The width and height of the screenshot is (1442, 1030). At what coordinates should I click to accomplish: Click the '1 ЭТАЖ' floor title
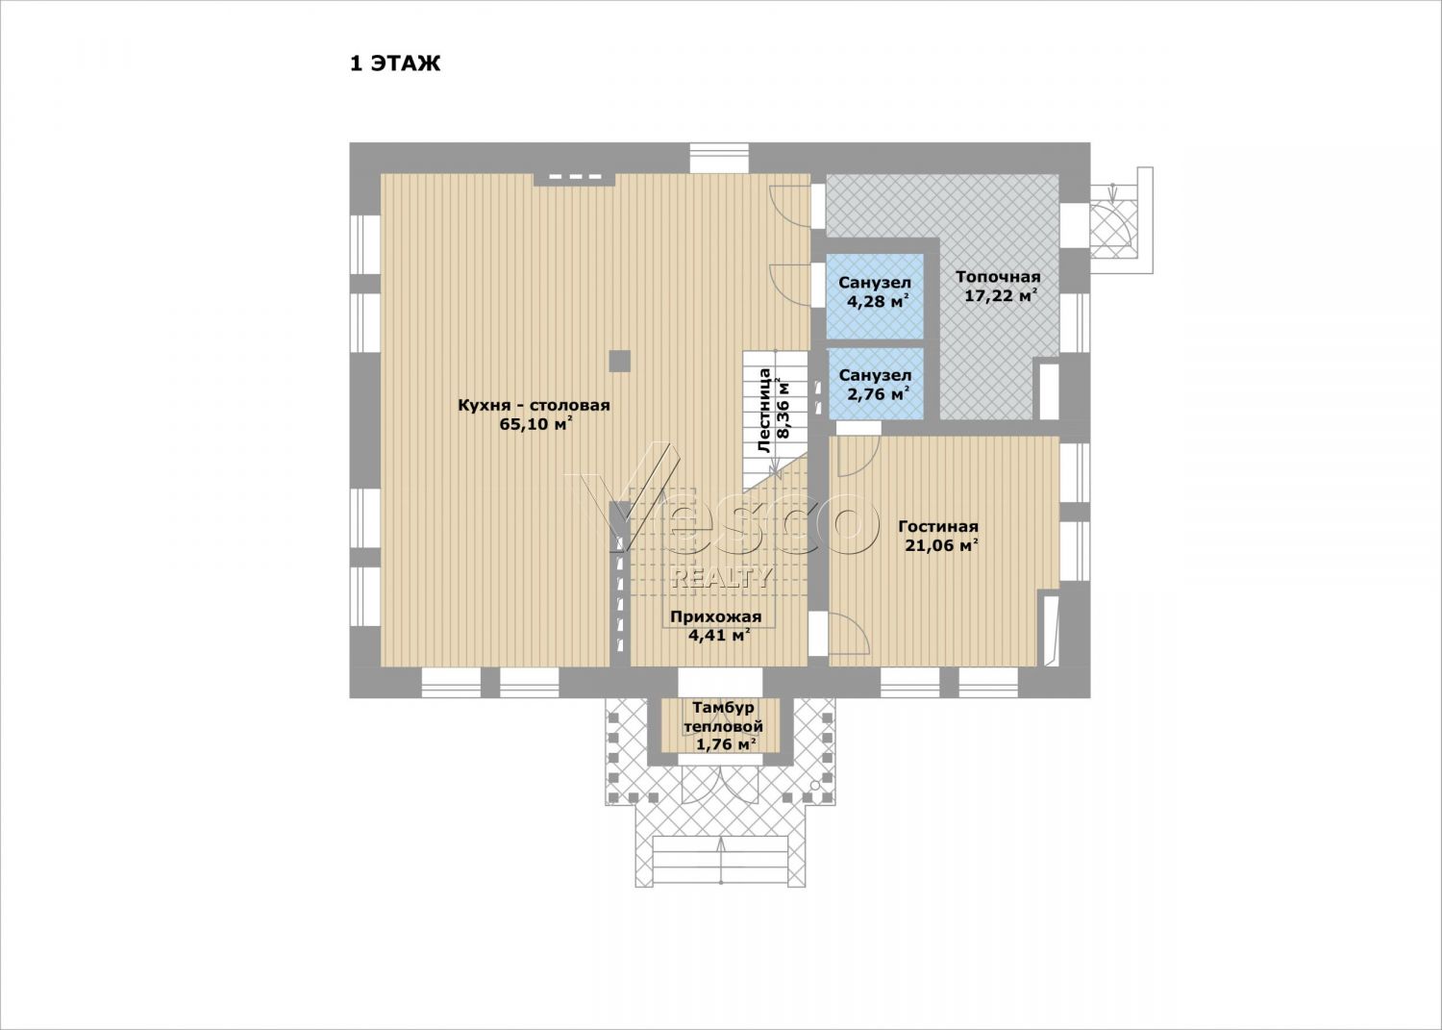394,64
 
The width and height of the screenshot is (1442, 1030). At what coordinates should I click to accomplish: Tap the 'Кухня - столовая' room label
534,406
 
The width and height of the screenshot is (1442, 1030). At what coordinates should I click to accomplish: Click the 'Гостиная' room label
938,527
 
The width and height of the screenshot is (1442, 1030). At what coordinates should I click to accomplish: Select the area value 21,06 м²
942,545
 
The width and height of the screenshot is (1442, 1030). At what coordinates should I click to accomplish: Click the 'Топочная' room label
998,278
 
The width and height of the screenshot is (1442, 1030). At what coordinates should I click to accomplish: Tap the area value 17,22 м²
1000,295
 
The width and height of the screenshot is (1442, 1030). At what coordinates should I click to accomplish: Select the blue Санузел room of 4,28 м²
875,296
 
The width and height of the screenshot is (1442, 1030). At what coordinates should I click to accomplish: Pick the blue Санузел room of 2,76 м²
876,384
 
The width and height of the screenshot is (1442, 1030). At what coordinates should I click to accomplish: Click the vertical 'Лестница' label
765,411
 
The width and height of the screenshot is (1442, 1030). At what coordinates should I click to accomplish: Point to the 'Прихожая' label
716,617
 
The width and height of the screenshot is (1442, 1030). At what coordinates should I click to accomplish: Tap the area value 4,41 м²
720,636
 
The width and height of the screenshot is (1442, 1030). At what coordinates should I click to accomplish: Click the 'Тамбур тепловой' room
722,725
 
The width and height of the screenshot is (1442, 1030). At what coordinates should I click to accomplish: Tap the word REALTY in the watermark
721,578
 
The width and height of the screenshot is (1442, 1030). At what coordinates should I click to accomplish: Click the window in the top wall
720,158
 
